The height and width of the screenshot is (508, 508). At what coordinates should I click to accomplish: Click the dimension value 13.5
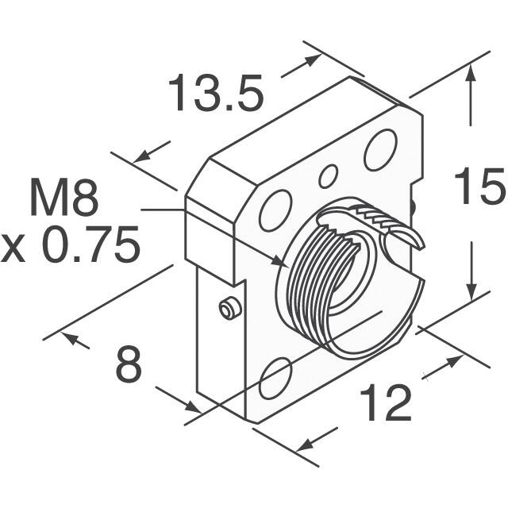pyautogui.click(x=215, y=94)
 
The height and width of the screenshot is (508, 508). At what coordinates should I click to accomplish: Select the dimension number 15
pyautogui.click(x=479, y=189)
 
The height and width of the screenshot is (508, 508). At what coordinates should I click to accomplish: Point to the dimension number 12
pyautogui.click(x=387, y=403)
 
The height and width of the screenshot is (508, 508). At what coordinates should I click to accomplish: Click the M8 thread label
pyautogui.click(x=64, y=199)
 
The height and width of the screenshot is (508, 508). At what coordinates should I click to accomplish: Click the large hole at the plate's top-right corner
pyautogui.click(x=380, y=149)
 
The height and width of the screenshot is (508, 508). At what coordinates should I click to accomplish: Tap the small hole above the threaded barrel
pyautogui.click(x=328, y=176)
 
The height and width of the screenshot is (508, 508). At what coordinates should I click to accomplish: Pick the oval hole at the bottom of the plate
pyautogui.click(x=275, y=377)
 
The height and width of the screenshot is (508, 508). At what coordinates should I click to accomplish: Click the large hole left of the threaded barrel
pyautogui.click(x=275, y=211)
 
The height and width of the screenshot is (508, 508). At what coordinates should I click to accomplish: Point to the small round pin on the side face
pyautogui.click(x=229, y=308)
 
